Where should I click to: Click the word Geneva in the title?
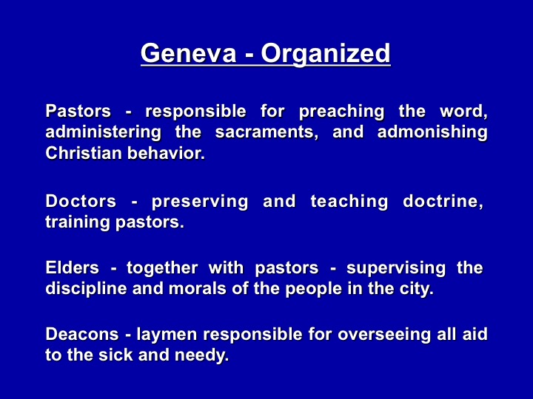tap(188, 53)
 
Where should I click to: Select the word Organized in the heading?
tap(326, 54)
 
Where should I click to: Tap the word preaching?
tap(341, 112)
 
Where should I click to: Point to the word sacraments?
tap(266, 132)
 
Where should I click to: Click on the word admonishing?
tap(432, 132)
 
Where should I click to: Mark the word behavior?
tap(167, 153)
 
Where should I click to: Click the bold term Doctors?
tap(81, 201)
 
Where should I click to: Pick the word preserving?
tap(200, 202)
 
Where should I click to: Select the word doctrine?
tap(443, 201)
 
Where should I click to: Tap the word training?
tap(78, 223)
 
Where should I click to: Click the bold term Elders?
tap(73, 267)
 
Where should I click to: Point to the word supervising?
tap(396, 268)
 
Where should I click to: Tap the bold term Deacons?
tap(82, 334)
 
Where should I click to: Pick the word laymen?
tap(167, 335)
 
